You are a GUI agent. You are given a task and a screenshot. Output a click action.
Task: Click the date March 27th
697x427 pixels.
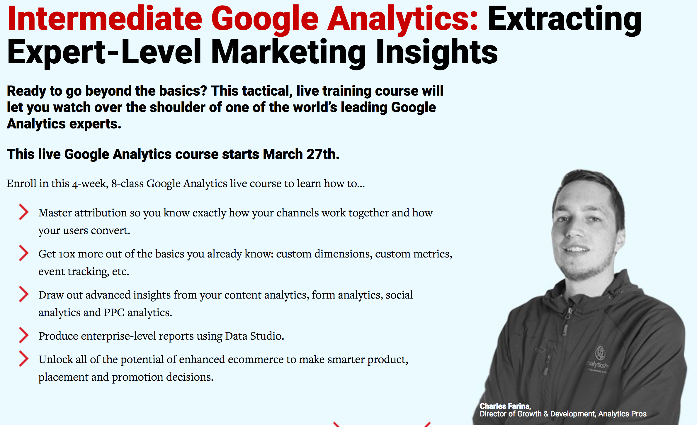[x=301, y=154]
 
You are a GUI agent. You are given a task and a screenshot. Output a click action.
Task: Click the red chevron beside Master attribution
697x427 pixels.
[x=23, y=212]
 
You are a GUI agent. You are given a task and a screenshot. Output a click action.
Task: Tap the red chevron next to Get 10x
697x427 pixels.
[x=23, y=253]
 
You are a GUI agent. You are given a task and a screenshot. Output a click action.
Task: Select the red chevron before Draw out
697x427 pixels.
[x=23, y=294]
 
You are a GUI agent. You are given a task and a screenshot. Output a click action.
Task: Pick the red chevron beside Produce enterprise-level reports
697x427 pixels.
[x=23, y=335]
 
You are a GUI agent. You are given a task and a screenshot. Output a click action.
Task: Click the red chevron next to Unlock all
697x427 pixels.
[x=23, y=359]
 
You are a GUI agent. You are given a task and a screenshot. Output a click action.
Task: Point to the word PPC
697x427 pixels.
[x=114, y=313]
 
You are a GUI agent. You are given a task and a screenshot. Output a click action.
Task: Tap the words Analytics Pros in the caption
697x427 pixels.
[x=622, y=414]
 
